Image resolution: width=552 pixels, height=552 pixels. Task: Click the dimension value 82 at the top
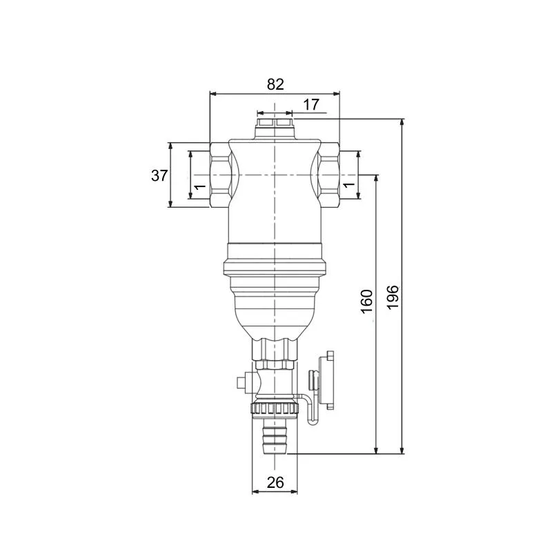click(x=275, y=84)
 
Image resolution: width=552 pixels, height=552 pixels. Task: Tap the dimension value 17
click(x=311, y=105)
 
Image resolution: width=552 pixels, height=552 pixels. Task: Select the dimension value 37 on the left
click(x=159, y=175)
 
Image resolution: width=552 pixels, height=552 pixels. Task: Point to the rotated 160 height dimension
click(x=366, y=302)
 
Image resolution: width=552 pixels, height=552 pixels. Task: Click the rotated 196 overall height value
click(x=393, y=297)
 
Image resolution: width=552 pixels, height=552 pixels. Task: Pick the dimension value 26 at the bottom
click(x=275, y=482)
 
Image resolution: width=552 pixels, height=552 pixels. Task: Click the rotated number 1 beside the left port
click(x=200, y=186)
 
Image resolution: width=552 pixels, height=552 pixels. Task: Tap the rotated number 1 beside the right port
click(x=348, y=184)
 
